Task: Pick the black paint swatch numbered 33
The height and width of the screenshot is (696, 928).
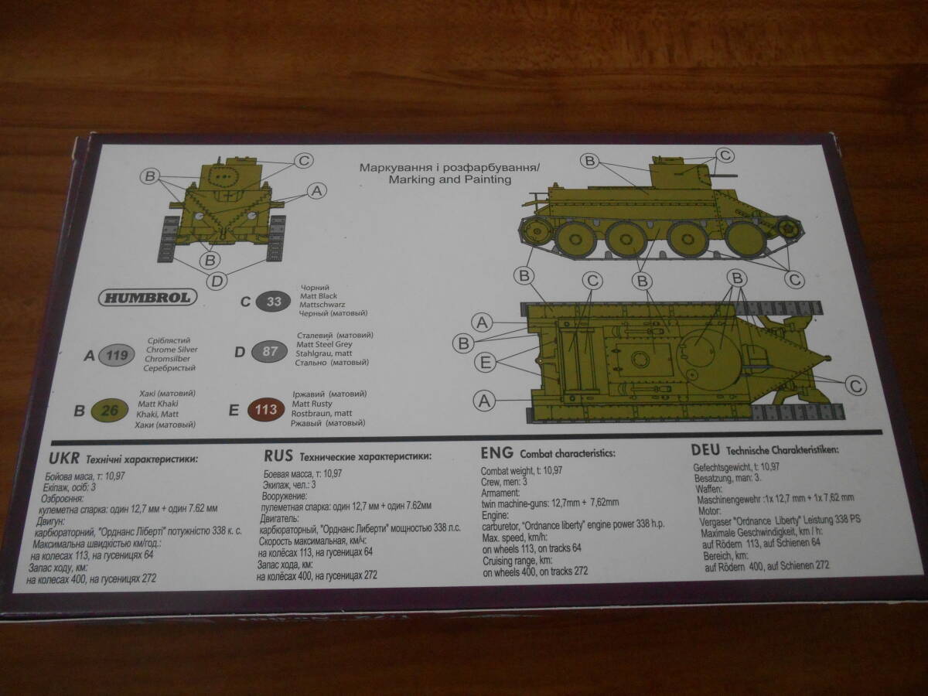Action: pos(274,302)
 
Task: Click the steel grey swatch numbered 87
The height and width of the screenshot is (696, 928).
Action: pos(271,352)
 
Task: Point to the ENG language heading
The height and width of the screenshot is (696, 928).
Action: pos(496,452)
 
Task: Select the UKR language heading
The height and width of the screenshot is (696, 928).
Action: pos(63,458)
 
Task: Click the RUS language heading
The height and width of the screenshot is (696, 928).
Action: pos(278,455)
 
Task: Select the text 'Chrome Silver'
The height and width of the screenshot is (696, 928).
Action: pos(171,350)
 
